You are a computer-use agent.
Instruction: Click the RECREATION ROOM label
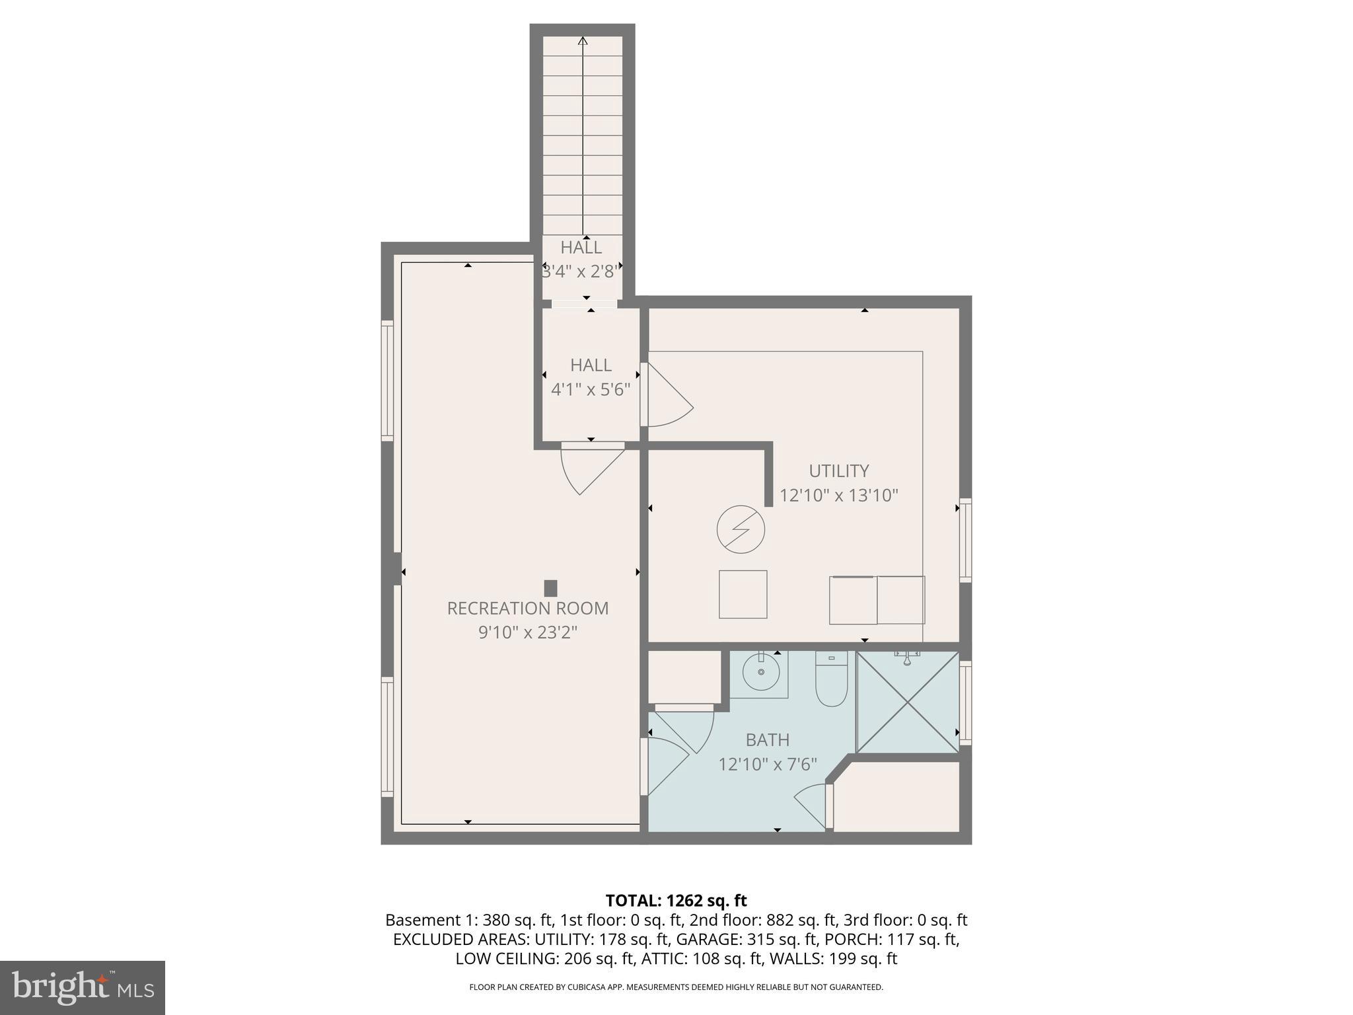pos(527,608)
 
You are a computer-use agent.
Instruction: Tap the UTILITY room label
pos(838,470)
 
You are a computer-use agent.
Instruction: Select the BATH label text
pos(767,739)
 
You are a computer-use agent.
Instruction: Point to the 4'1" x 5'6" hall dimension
pos(591,389)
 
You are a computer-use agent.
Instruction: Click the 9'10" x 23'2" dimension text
pos(527,632)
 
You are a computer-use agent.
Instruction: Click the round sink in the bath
pos(761,673)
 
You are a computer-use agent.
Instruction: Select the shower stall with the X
pos(907,702)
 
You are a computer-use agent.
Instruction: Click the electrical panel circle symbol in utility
pos(741,529)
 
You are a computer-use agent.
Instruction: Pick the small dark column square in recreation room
pos(550,588)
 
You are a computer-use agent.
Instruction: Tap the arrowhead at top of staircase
pos(583,41)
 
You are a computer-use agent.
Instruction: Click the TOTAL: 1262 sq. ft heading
pos(676,901)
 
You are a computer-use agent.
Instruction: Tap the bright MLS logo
pos(83,987)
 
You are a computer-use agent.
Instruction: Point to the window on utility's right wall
pos(965,541)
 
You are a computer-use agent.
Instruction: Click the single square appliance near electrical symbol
pos(743,594)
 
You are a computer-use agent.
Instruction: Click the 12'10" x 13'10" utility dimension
pos(838,495)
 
